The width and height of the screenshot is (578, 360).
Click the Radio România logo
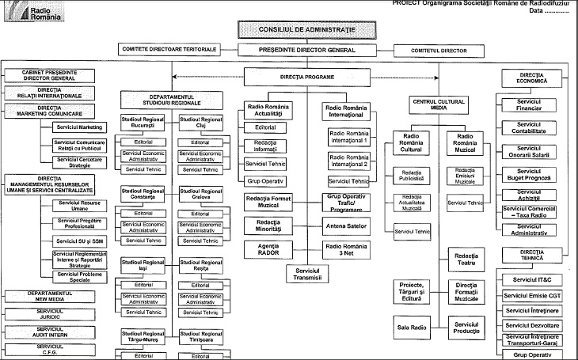24,12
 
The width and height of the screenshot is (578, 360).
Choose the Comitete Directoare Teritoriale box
169,49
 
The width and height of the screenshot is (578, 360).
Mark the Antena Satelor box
347,225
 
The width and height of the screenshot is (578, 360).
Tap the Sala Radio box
412,325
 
